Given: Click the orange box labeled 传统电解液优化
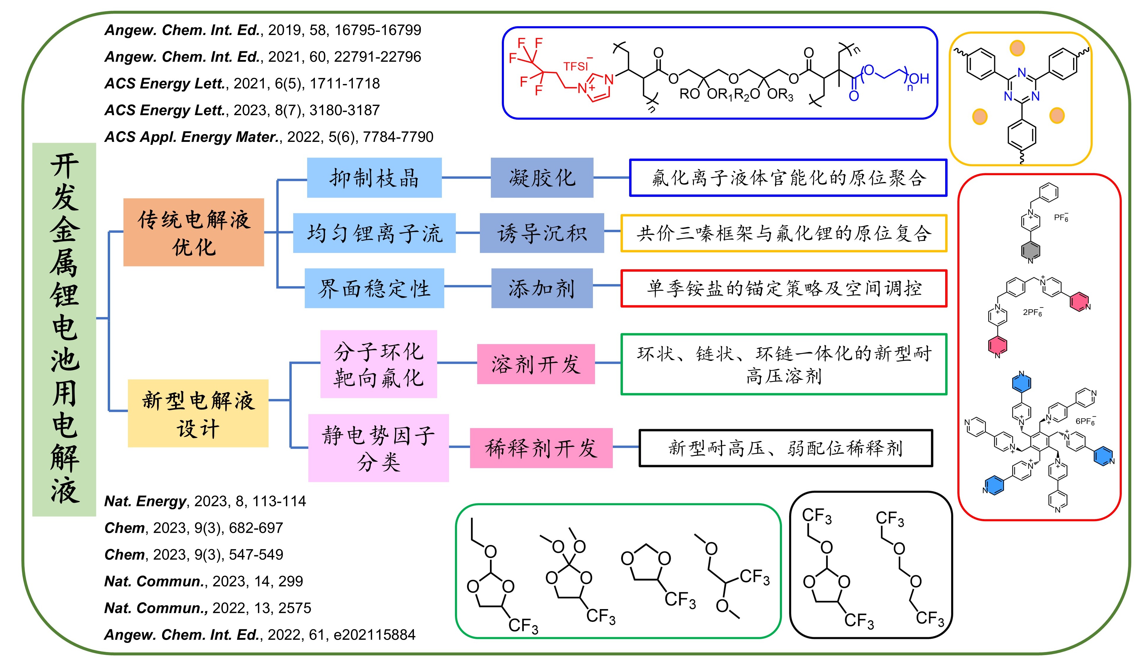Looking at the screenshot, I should [x=193, y=232].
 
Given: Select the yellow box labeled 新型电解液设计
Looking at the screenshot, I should [x=198, y=413].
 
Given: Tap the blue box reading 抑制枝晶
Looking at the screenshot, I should [x=374, y=177].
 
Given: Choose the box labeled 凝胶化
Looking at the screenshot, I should [x=542, y=177].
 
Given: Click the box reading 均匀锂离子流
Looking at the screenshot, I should [x=374, y=233].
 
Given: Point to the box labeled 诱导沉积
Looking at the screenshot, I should [x=542, y=233].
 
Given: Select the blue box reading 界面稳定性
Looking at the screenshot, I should [x=374, y=288].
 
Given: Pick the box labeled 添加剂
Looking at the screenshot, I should [x=542, y=288].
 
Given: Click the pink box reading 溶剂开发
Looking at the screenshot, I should [x=536, y=364].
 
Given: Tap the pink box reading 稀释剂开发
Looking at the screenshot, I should [x=541, y=448].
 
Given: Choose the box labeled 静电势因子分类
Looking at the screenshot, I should [x=378, y=448].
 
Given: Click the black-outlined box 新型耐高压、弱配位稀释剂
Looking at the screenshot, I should [x=786, y=448].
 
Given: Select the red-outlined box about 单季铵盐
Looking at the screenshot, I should [x=784, y=288].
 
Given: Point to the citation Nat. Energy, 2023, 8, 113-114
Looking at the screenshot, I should [x=205, y=501].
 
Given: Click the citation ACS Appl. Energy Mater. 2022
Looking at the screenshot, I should [x=269, y=137].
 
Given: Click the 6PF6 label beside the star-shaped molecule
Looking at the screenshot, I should [x=1085, y=421].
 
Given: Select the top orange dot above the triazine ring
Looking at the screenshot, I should [x=1017, y=48].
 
